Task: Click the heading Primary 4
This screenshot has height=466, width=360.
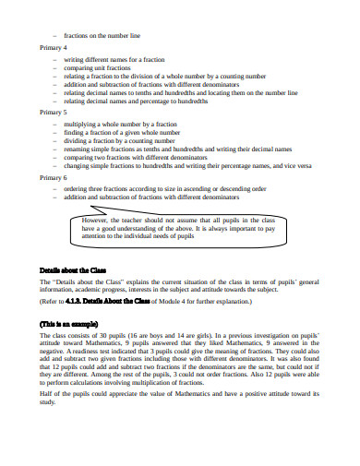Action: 53,47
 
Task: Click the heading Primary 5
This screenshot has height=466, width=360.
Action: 53,111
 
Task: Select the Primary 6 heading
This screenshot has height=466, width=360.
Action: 53,175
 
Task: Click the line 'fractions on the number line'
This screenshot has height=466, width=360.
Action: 102,35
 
